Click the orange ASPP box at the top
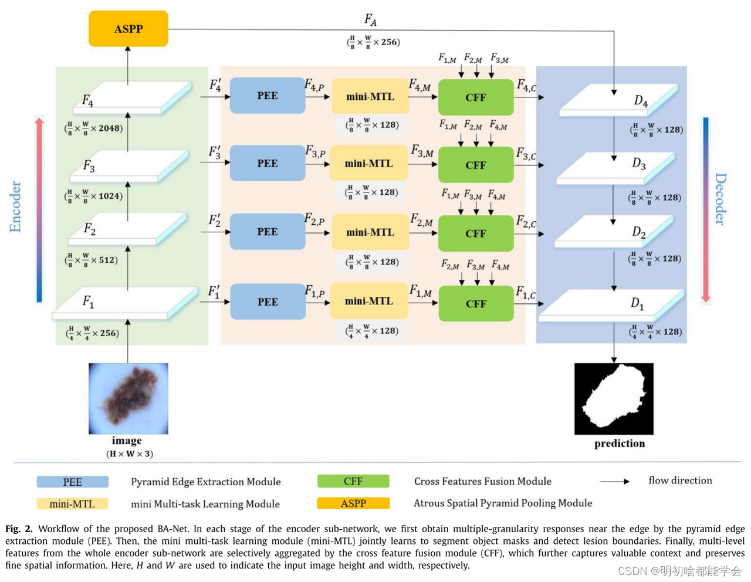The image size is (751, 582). coord(128,29)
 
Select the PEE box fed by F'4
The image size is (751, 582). coord(267,96)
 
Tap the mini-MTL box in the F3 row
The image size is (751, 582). coord(369,164)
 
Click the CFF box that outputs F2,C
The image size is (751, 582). coord(476,233)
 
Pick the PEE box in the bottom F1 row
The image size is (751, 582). coord(268,302)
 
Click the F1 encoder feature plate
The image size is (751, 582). coord(125,303)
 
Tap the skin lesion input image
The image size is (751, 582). coord(128,398)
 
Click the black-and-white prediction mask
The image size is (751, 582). coord(614,399)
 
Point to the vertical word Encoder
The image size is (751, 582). coord(15,207)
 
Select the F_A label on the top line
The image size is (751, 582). coord(370,20)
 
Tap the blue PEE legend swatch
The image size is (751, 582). coord(72,482)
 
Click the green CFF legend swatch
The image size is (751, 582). coord(353,481)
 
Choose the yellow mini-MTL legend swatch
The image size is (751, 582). coord(72,503)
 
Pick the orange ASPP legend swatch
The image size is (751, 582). coord(353,503)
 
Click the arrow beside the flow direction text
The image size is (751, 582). coord(615,481)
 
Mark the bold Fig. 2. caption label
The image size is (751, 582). coord(19,529)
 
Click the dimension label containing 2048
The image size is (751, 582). coord(94,128)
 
